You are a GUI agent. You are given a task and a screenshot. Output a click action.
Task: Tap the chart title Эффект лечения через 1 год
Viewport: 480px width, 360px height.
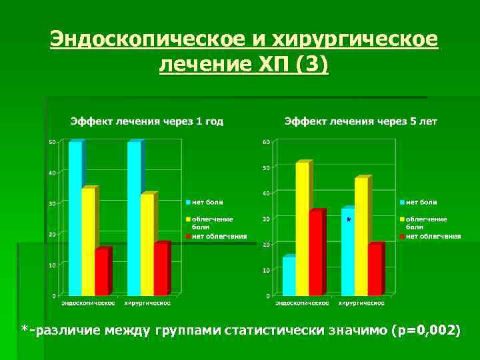147,121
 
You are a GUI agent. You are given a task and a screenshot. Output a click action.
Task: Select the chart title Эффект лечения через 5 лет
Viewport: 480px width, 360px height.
361,121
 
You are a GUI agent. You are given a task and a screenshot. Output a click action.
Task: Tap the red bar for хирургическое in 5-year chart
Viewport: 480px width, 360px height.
375,270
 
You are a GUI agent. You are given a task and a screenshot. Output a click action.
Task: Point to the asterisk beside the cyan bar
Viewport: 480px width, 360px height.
349,219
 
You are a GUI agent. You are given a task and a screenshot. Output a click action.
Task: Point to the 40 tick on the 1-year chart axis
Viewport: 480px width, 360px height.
52,173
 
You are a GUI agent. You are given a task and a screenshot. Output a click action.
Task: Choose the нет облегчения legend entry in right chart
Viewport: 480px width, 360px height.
433,236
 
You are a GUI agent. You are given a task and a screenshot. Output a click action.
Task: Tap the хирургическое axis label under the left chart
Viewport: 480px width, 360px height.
147,303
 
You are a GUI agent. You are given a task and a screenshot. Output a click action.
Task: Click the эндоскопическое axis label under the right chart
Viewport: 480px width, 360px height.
302,303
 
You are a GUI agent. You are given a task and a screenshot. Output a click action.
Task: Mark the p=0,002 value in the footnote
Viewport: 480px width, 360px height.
427,330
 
